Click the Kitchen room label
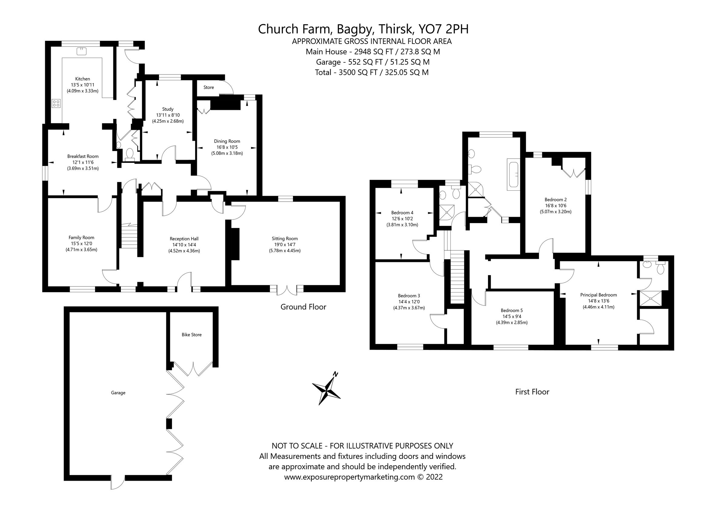point(82,79)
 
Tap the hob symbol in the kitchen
point(56,103)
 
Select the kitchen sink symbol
point(81,51)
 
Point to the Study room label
point(168,109)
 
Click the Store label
point(209,87)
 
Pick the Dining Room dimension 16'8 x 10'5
point(227,147)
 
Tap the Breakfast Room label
point(83,157)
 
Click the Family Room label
point(81,237)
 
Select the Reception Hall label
point(184,239)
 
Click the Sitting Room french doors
point(287,290)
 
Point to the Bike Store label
point(191,334)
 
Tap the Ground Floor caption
point(303,307)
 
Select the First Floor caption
point(532,392)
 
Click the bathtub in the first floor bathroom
point(513,176)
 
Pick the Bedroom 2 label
point(555,199)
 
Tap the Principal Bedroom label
point(599,295)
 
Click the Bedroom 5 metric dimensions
point(512,322)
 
